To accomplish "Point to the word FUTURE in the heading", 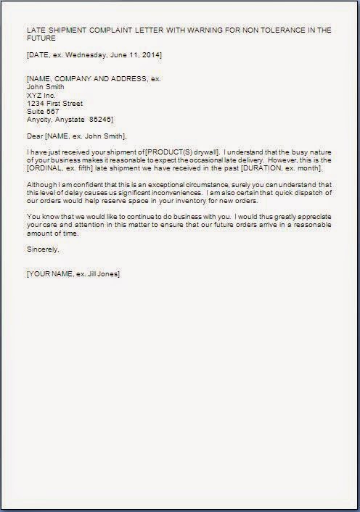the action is (41, 39).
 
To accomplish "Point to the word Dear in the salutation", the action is (35, 135).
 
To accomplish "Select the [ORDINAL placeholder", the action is (46, 167).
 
